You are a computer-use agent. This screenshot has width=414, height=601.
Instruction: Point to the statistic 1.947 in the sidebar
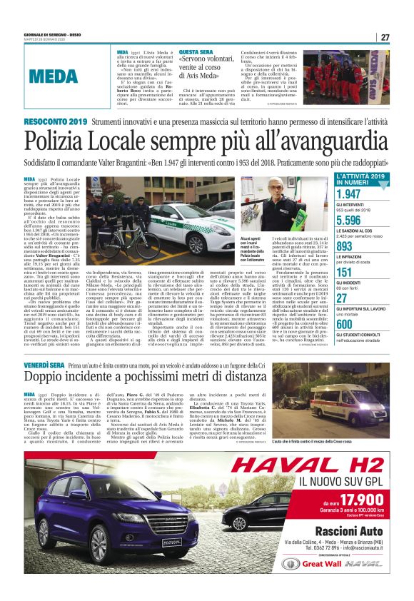pos(349,194)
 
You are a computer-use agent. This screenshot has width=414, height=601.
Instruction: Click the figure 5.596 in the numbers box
pos(349,221)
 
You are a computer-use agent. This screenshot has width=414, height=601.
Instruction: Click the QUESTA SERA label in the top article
pos(196,53)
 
